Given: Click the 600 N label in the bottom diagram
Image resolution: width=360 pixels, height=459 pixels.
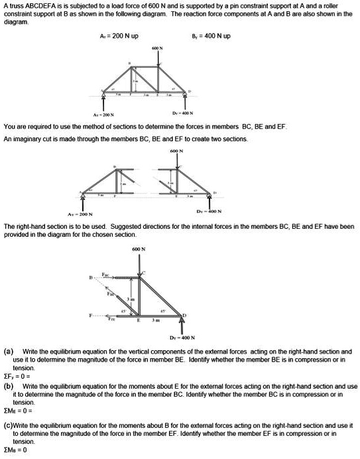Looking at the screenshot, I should pos(139,250).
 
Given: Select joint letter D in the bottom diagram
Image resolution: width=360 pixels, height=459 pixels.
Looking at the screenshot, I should pos(194,312).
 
